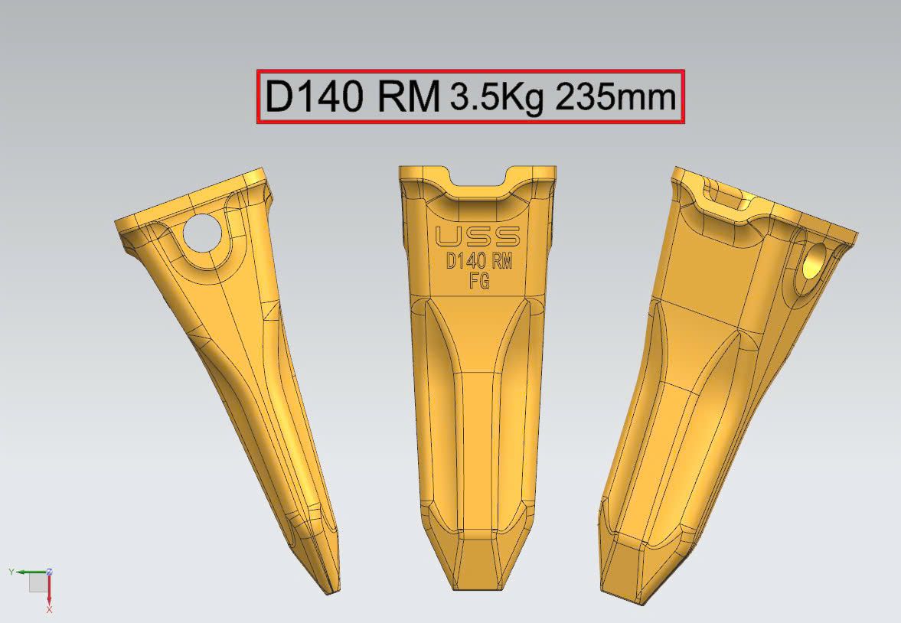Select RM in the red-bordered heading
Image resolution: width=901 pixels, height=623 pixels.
tap(409, 96)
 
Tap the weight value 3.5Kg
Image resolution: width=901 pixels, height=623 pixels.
tap(497, 97)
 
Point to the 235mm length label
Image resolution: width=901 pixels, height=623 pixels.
tap(615, 97)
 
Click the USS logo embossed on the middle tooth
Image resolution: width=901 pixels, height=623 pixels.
tap(478, 236)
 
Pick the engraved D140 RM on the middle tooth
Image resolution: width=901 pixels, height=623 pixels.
tap(479, 262)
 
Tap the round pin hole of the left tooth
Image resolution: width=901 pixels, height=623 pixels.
tap(201, 232)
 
